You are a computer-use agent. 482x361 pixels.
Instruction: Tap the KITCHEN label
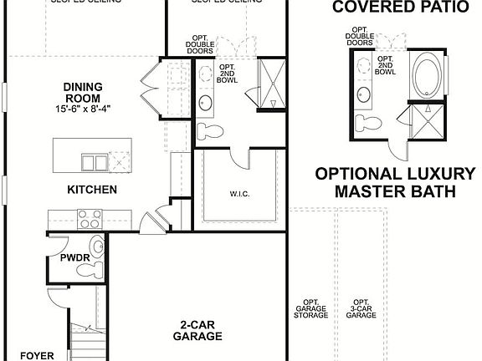click(x=92, y=190)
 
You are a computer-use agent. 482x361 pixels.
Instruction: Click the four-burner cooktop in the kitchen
click(x=90, y=219)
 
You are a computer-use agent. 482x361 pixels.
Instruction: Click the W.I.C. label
click(x=239, y=194)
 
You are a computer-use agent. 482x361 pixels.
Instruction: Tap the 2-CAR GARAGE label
click(x=197, y=330)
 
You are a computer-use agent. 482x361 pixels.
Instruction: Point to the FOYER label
click(x=37, y=355)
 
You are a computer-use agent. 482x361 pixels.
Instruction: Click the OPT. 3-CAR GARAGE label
click(x=361, y=308)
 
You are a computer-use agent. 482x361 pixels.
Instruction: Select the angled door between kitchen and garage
click(x=151, y=222)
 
